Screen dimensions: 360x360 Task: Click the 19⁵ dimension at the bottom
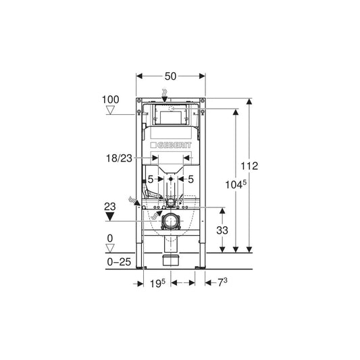pos(157,284)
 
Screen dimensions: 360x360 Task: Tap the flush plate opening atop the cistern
pos(170,116)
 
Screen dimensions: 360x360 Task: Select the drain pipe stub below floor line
pos(170,260)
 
